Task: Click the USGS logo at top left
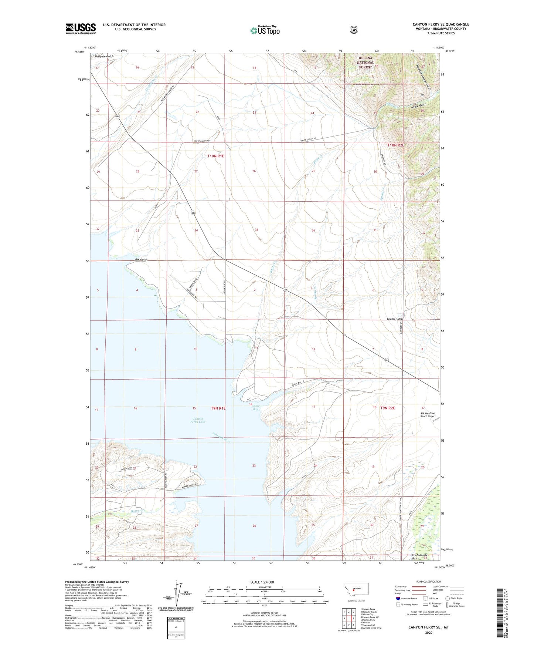[81, 28]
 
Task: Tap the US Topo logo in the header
[265, 30]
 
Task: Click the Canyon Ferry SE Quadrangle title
[441, 24]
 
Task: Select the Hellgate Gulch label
[104, 56]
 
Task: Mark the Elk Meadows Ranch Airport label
[428, 415]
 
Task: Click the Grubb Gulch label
[395, 319]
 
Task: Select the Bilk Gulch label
[141, 260]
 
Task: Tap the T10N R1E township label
[215, 156]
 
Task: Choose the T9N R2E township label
[388, 408]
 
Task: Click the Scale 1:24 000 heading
[262, 582]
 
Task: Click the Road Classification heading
[428, 582]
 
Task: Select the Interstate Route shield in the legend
[398, 598]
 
